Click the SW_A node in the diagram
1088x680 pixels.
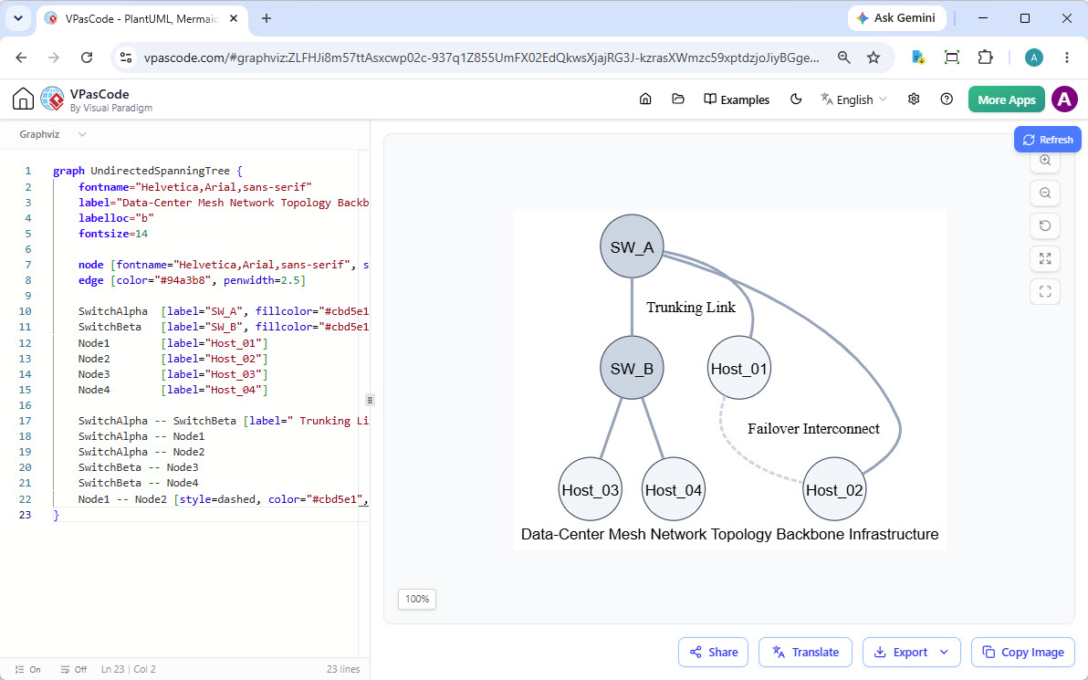coord(632,246)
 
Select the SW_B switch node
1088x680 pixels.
coord(632,368)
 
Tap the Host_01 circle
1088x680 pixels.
coord(739,368)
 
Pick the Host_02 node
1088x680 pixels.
coord(834,489)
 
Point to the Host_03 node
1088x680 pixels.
coord(590,489)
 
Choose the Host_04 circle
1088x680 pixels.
coord(673,489)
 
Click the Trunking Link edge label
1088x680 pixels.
coord(690,308)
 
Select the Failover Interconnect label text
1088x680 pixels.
coord(813,429)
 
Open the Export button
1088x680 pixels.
coord(911,653)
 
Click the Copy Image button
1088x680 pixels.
coord(1023,653)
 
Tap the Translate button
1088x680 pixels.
coord(805,653)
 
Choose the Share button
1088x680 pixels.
coord(713,653)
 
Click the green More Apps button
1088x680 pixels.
coord(1006,99)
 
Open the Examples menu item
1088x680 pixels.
coord(737,99)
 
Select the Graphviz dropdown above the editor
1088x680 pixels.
coord(53,134)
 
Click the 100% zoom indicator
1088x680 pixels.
coord(417,599)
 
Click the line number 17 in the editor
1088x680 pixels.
coord(26,421)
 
